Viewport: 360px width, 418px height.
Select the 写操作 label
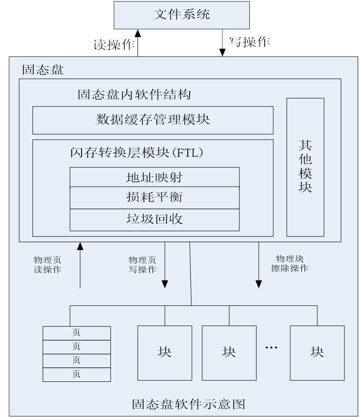[249, 42]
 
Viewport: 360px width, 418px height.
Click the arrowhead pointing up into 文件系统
[138, 33]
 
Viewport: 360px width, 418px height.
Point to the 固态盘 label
[43, 70]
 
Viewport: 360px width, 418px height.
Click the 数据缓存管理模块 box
[153, 120]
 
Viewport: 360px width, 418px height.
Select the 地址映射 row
[154, 177]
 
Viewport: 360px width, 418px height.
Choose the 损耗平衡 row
[154, 197]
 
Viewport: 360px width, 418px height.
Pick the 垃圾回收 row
[154, 219]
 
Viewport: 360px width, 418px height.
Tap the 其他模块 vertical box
[305, 167]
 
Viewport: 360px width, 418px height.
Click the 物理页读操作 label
[47, 265]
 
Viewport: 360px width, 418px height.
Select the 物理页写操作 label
[143, 265]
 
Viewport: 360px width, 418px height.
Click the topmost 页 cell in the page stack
[77, 333]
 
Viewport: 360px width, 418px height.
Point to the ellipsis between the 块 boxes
[271, 348]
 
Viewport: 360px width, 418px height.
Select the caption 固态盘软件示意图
[189, 404]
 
